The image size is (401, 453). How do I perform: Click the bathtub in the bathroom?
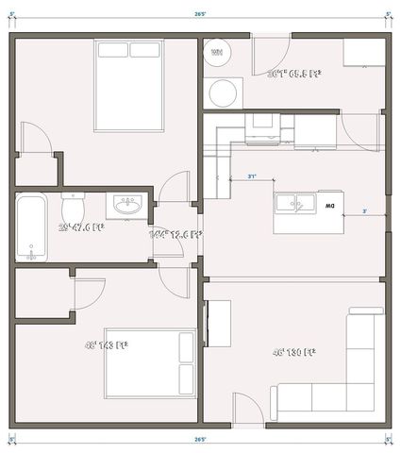click(x=32, y=227)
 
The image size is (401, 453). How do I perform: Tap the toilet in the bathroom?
click(x=74, y=205)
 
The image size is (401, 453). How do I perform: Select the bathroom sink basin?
click(x=125, y=205)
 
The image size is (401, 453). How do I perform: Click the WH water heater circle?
click(x=217, y=53)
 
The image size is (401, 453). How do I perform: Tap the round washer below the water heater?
click(x=225, y=93)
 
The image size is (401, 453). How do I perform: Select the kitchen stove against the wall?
click(x=260, y=127)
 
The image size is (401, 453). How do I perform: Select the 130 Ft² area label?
click(x=293, y=352)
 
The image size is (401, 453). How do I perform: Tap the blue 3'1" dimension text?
click(x=252, y=176)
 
